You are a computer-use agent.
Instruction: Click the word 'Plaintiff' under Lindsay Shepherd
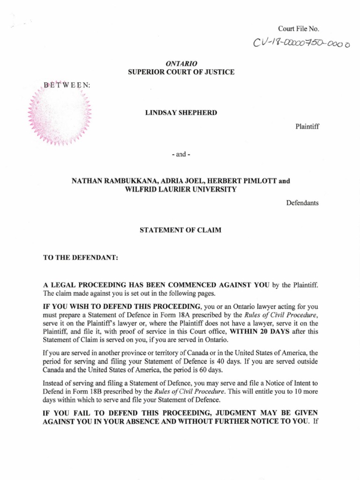pyautogui.click(x=307, y=126)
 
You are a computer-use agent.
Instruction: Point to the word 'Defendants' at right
pyautogui.click(x=302, y=203)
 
